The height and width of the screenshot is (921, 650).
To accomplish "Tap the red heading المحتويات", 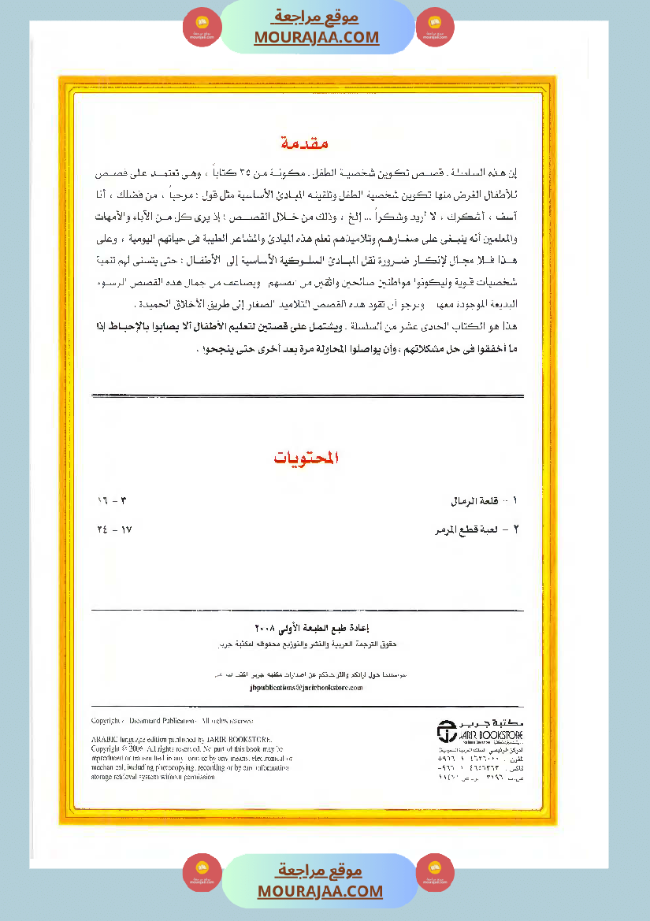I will tap(307, 458).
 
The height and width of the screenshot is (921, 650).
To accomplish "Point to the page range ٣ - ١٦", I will tap(112, 501).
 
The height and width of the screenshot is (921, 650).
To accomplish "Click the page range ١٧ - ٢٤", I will tap(113, 530).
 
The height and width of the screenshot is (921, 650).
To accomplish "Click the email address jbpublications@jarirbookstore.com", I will tap(305, 687).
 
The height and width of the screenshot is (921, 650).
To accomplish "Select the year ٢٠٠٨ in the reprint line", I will tap(266, 628).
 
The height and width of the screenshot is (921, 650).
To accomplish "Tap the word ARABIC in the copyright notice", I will tap(106, 740).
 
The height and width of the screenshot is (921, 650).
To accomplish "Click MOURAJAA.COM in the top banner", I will tap(317, 37).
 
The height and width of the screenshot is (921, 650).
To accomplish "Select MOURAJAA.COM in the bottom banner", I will tap(320, 891).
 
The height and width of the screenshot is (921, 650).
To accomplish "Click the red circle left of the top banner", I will tap(202, 28).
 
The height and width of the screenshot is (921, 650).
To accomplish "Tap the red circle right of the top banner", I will tap(435, 28).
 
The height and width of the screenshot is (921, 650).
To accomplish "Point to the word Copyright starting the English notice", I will tap(108, 721).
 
